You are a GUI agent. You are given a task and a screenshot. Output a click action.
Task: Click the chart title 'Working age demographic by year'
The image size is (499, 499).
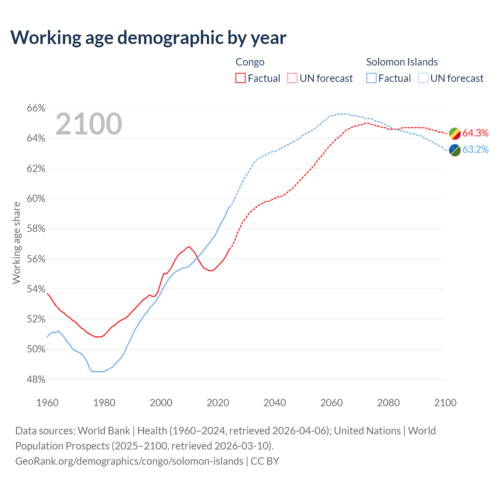coord(148,37)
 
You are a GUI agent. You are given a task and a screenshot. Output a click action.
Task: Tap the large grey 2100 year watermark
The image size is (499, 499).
coord(89,124)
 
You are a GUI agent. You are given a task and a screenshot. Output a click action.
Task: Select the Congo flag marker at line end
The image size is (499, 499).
coord(455,133)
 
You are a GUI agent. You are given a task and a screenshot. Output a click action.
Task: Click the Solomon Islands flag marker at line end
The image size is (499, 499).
coord(455,150)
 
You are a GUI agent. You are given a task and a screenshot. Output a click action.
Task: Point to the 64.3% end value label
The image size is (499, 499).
coord(476,133)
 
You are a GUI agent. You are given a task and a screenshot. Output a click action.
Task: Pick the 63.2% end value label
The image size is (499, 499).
coord(476,150)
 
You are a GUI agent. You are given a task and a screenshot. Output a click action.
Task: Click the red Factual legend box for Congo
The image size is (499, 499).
coord(241,78)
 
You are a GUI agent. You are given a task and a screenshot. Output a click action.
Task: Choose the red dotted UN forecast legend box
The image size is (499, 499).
coord(292,78)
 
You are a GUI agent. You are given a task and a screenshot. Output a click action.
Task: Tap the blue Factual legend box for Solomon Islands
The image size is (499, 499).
coord(372,78)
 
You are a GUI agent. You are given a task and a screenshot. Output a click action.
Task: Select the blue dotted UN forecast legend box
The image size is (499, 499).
coord(423,78)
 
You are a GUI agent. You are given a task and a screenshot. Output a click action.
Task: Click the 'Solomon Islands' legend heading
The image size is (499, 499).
coord(402,62)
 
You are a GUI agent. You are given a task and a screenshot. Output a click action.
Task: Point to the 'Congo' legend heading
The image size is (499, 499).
coord(250,62)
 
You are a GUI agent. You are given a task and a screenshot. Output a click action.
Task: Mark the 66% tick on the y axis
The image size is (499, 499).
coord(36,108)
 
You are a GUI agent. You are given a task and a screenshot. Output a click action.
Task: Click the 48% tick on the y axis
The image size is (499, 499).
coord(36,379)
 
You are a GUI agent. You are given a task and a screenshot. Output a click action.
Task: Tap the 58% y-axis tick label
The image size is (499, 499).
coord(36,229)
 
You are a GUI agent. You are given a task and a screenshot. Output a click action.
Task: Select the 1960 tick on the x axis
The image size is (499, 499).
coord(47,403)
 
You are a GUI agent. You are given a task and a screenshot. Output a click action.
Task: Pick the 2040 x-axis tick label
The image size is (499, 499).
coord(274,403)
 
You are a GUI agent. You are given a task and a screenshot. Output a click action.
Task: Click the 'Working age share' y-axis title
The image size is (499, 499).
coord(16,242)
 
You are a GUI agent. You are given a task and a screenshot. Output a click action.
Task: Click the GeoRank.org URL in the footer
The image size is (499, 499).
coord(129,461)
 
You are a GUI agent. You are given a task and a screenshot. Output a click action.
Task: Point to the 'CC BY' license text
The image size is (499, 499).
coord(265,461)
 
